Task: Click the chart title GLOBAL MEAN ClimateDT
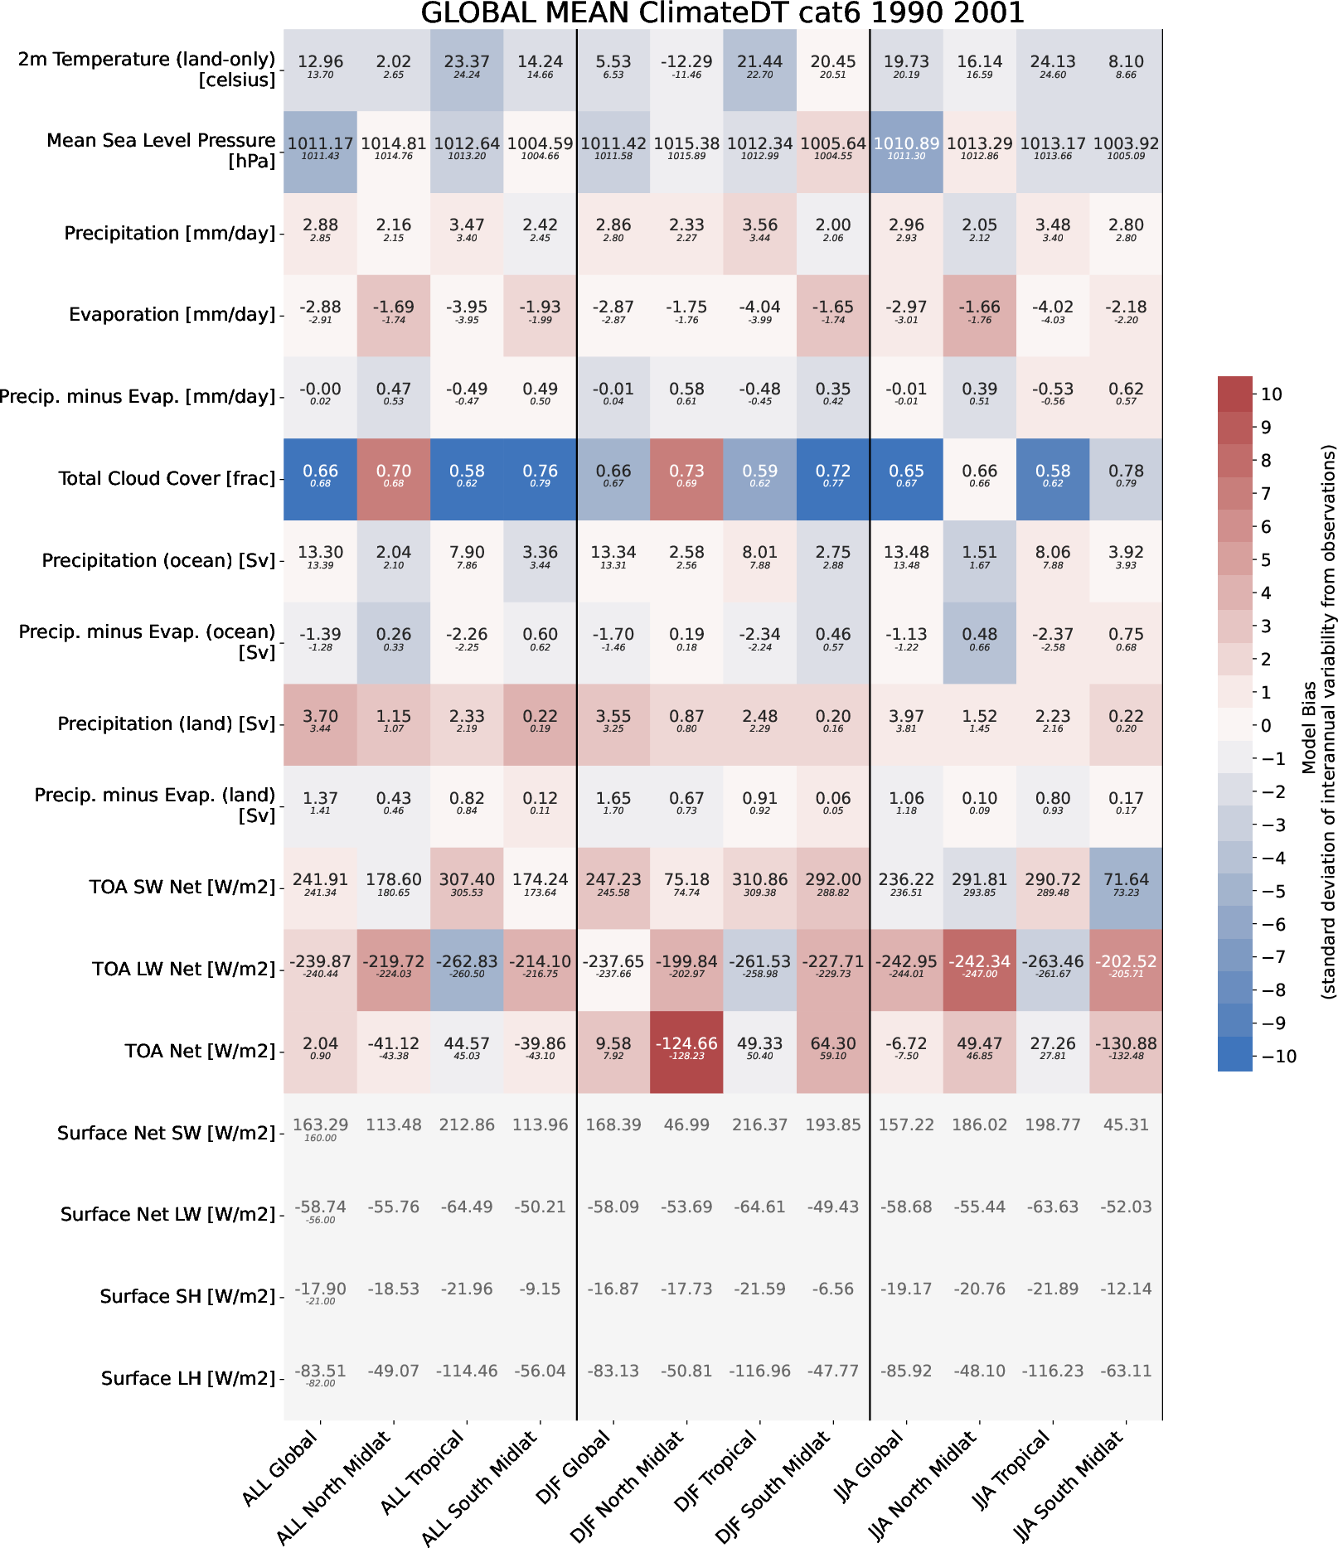(722, 13)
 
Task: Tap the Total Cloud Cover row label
(167, 478)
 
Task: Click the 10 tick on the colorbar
(1272, 394)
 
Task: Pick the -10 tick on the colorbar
(1277, 1056)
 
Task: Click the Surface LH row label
(188, 1378)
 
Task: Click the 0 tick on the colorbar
(1265, 725)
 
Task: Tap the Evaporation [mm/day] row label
(172, 315)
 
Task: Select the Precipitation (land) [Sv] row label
(166, 723)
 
